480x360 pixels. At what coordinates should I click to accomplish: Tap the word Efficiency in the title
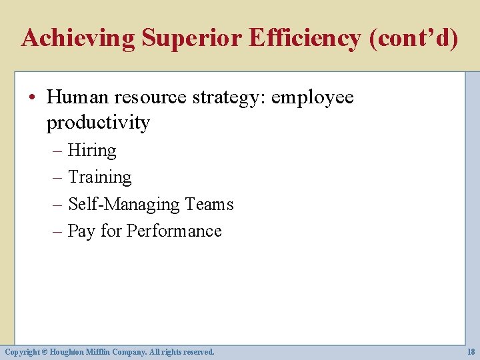[x=305, y=38]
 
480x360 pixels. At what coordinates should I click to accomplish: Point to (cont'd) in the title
[x=413, y=38]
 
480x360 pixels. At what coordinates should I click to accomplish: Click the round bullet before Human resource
[x=34, y=98]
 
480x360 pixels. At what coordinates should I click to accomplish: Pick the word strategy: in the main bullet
[x=229, y=97]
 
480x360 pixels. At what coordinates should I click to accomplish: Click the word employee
[x=313, y=97]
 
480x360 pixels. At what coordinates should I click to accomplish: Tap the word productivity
[x=98, y=123]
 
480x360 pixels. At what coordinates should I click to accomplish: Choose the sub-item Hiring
[x=92, y=151]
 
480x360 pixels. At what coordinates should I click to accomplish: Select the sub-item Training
[x=100, y=177]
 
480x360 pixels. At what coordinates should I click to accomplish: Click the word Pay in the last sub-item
[x=82, y=231]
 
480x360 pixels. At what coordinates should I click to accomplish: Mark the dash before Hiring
[x=57, y=151]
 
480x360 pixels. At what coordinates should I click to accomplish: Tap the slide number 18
[x=471, y=351]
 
